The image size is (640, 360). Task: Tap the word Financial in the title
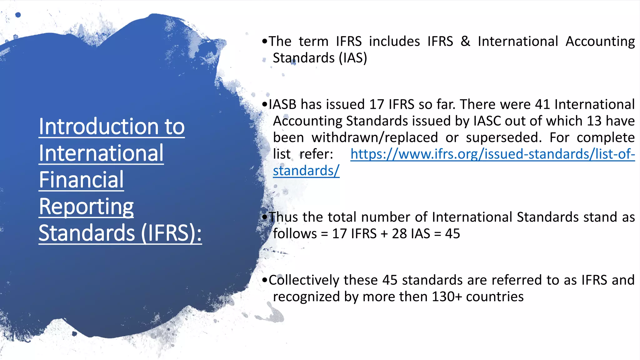[81, 180]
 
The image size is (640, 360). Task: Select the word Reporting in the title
[86, 207]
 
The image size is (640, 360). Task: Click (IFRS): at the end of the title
[171, 233]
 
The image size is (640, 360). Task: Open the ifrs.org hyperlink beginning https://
[492, 154]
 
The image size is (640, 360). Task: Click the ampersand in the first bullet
[465, 41]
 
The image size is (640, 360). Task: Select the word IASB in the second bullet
[282, 104]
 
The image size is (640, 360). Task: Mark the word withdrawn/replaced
[375, 138]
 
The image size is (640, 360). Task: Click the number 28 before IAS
[399, 234]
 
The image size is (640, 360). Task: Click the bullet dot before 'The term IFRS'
[265, 41]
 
